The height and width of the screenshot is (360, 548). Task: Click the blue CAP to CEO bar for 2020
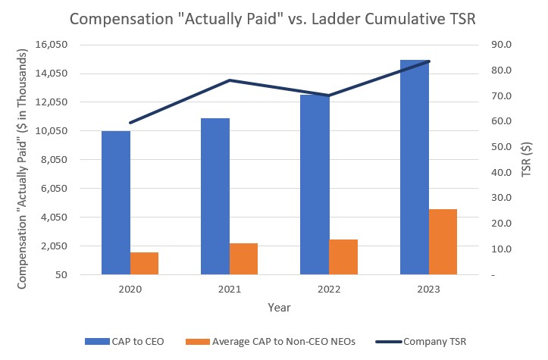click(x=116, y=202)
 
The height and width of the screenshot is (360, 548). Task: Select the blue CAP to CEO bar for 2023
click(x=415, y=167)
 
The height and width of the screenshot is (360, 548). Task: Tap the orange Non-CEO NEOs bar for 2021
click(x=244, y=258)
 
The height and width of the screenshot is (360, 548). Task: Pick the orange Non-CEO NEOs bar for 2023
click(x=443, y=241)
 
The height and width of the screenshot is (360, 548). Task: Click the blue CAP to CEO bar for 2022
click(x=315, y=184)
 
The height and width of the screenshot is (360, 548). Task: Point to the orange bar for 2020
click(x=144, y=263)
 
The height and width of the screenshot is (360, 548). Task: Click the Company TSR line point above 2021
click(x=230, y=80)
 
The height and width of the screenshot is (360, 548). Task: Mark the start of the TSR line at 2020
click(x=130, y=122)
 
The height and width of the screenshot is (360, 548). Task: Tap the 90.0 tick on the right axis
click(x=501, y=45)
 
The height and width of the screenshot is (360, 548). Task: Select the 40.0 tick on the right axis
click(x=501, y=172)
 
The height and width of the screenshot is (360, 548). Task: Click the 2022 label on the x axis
click(x=329, y=290)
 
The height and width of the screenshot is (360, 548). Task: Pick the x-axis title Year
click(x=279, y=308)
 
